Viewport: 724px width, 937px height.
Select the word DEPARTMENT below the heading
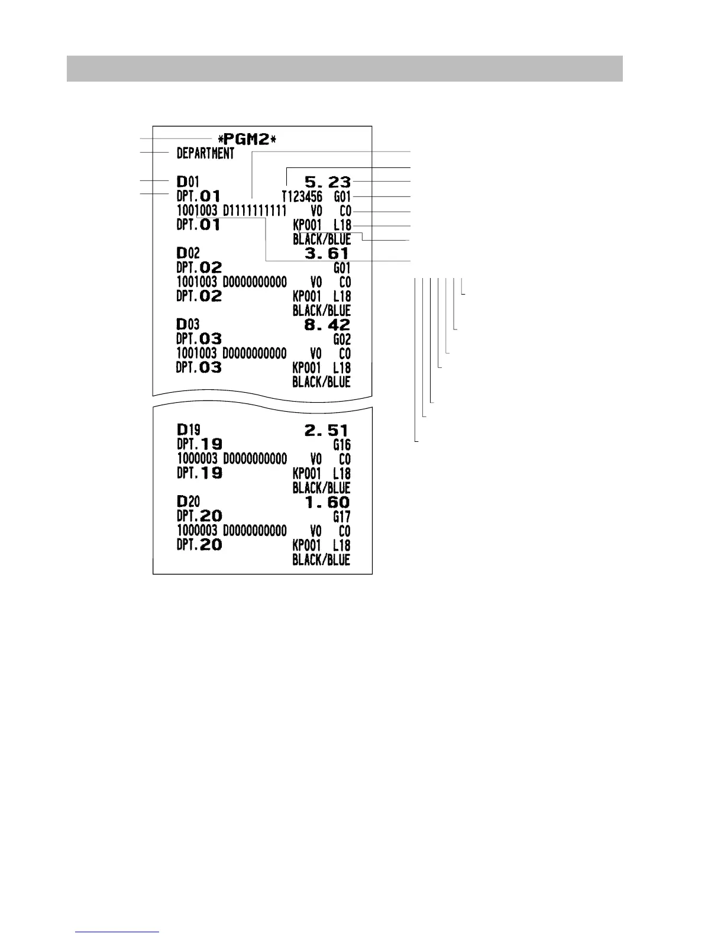pos(205,154)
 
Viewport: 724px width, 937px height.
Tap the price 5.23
pos(327,182)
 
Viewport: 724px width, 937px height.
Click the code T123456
pos(302,196)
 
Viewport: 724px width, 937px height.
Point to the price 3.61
pos(327,254)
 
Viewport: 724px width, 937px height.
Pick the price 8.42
pos(327,325)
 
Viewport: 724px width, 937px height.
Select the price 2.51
pos(327,431)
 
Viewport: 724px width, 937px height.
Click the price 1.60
pos(327,502)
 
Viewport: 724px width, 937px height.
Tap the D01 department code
pos(188,182)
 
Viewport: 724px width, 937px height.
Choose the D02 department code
pos(188,254)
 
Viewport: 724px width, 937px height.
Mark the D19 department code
pos(188,431)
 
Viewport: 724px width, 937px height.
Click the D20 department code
pos(188,502)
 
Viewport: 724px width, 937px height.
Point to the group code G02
pos(342,340)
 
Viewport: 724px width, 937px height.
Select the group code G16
pos(342,445)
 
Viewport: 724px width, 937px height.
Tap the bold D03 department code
pos(188,325)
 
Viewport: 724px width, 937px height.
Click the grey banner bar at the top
pos(344,69)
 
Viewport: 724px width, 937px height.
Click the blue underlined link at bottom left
pos(118,932)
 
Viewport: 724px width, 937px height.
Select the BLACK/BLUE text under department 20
pos(321,560)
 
